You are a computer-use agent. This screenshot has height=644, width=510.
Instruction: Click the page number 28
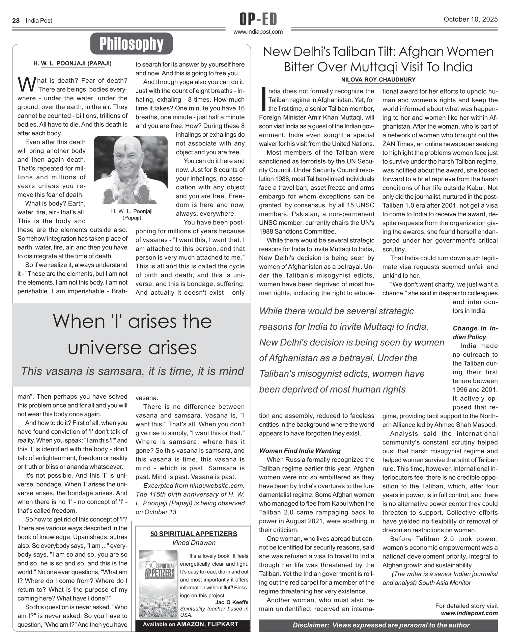16,21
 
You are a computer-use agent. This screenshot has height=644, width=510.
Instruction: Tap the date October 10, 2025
471,19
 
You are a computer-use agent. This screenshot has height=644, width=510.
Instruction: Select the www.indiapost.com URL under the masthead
258,32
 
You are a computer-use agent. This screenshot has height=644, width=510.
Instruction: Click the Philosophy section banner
131,44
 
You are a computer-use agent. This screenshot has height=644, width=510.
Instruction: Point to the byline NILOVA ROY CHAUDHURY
378,80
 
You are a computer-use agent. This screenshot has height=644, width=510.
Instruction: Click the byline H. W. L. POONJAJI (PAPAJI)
73,63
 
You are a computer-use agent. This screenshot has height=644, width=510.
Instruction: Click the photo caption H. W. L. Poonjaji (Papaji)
132,214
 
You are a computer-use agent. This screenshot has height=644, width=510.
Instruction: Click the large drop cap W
26,84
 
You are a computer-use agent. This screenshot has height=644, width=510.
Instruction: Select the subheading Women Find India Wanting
300,451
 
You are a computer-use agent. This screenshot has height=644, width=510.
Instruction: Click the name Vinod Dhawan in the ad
194,542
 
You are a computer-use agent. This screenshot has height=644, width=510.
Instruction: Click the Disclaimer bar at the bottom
381,625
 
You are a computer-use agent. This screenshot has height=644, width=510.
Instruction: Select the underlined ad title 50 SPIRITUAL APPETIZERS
194,534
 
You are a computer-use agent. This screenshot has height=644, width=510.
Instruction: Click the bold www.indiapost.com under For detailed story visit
469,613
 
